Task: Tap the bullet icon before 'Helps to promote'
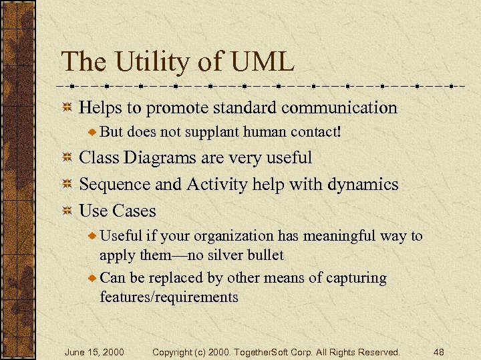pyautogui.click(x=67, y=108)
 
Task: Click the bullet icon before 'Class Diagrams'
pyautogui.click(x=67, y=159)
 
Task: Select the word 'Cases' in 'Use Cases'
pyautogui.click(x=134, y=211)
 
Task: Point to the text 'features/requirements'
pyautogui.click(x=169, y=297)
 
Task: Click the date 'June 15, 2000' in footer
pyautogui.click(x=94, y=351)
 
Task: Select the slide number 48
pyautogui.click(x=438, y=351)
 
